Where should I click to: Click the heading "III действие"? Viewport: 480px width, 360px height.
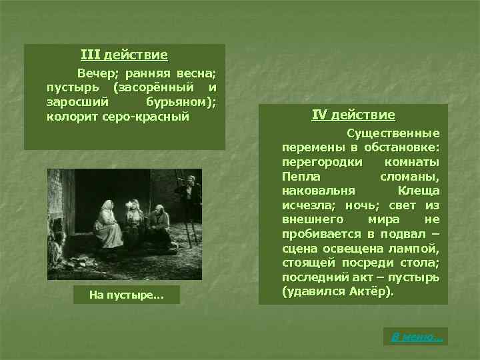pos(124,55)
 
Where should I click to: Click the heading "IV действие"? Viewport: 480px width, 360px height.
pos(353,115)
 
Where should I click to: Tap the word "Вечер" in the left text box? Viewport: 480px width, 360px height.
pos(97,73)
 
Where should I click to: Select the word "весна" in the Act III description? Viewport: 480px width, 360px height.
pos(198,73)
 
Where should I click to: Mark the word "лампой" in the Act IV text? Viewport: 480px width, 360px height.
pos(419,249)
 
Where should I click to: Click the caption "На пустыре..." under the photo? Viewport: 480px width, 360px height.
pos(124,295)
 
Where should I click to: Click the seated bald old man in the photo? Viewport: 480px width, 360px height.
pos(159,227)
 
